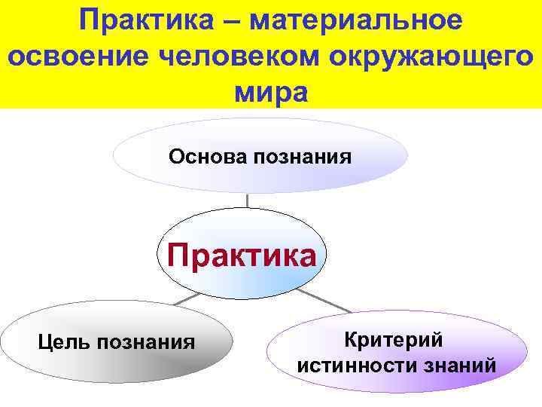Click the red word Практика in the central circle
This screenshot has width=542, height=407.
pos(242,256)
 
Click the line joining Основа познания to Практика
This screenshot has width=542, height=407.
pos(248,200)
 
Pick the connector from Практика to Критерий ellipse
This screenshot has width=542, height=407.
pos(324,301)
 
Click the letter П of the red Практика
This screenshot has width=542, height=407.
pos(178,256)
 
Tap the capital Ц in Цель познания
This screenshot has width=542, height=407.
pos(43,343)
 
